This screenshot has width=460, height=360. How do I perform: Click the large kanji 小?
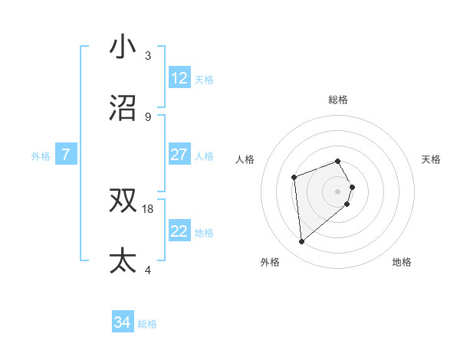point(123,47)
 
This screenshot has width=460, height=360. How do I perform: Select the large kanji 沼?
point(123,109)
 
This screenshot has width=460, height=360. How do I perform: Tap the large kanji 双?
point(123,201)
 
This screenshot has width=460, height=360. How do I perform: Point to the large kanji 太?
point(123,260)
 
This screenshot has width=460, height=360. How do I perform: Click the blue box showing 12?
point(179,78)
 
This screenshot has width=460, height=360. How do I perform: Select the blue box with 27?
point(179,155)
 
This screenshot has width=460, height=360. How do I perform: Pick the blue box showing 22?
point(179,231)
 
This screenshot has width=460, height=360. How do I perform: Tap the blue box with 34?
point(123,323)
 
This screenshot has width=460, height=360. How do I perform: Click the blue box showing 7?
point(66,155)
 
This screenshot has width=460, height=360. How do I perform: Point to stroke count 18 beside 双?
point(148,208)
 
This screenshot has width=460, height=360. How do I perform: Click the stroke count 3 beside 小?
point(148,55)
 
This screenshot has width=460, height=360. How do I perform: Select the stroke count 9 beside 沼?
point(148,116)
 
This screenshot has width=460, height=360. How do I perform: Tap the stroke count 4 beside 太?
point(148,270)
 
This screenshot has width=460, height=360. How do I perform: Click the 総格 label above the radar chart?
point(338,100)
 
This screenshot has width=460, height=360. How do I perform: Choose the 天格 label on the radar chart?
point(431,159)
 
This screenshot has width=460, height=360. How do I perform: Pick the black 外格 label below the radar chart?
point(270,262)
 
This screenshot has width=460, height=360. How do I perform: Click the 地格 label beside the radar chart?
point(402,262)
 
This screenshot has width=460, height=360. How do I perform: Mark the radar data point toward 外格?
point(302,242)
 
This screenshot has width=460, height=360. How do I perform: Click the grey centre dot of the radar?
point(338,191)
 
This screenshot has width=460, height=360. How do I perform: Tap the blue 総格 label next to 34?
point(148,324)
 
